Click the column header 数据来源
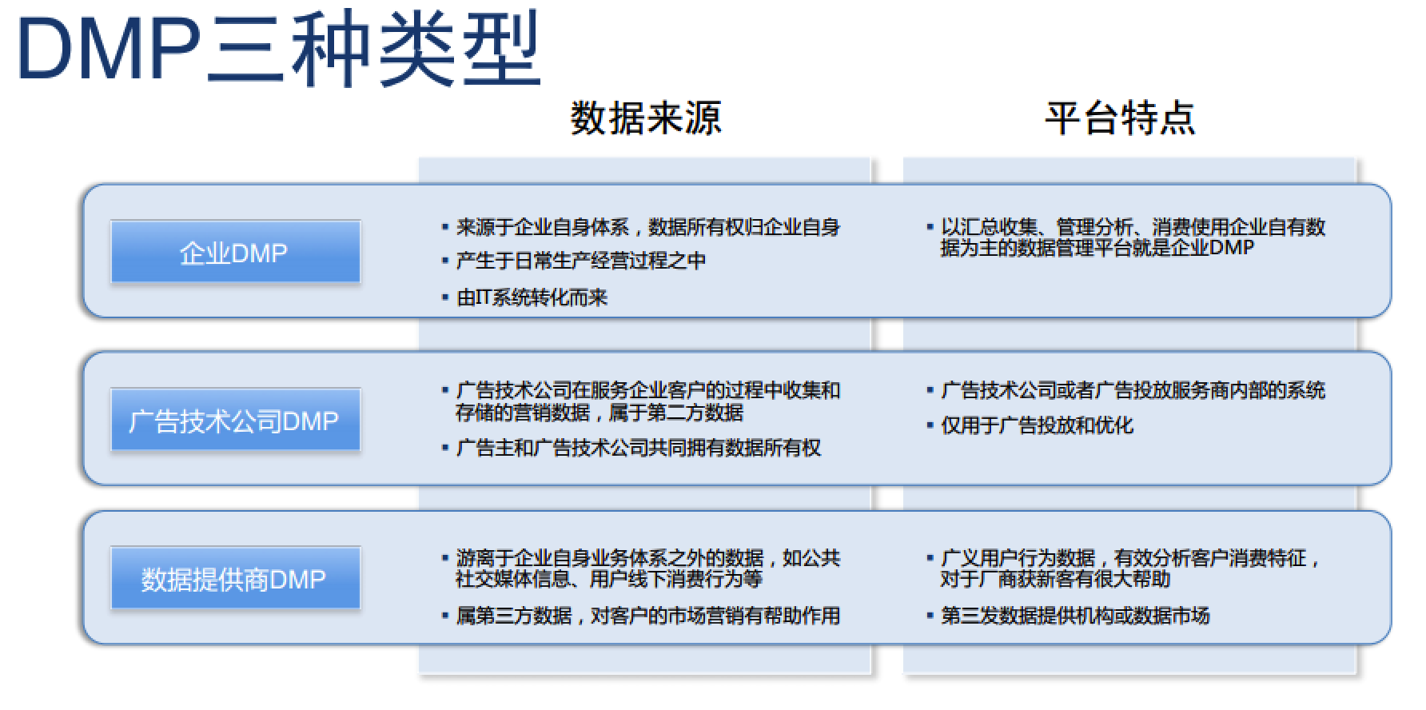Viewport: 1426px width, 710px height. [646, 118]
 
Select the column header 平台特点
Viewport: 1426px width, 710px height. [1120, 118]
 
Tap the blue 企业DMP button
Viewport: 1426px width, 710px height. [235, 253]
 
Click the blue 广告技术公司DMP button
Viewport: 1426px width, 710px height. [235, 421]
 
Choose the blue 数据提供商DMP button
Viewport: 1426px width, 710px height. [235, 579]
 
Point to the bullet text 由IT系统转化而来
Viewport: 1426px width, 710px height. [532, 297]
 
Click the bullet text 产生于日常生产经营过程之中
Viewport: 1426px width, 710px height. [581, 261]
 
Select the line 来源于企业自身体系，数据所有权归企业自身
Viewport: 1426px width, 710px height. [648, 228]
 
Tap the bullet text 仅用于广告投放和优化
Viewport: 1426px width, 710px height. [1038, 425]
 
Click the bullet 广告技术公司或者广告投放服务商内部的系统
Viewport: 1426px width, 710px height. [1133, 390]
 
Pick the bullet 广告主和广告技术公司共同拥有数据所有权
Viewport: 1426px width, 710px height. [639, 448]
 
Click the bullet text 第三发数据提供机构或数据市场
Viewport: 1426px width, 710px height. [1076, 616]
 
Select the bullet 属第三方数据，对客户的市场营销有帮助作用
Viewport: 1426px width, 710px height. [648, 616]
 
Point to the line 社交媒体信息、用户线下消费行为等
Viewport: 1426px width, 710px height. [609, 579]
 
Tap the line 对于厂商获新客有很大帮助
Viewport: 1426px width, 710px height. [1056, 579]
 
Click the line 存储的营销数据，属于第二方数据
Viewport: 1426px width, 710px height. [599, 413]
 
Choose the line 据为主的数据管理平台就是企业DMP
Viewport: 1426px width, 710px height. [1097, 248]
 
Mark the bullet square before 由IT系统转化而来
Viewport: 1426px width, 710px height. [445, 297]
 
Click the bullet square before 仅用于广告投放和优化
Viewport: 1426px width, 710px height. [930, 425]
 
